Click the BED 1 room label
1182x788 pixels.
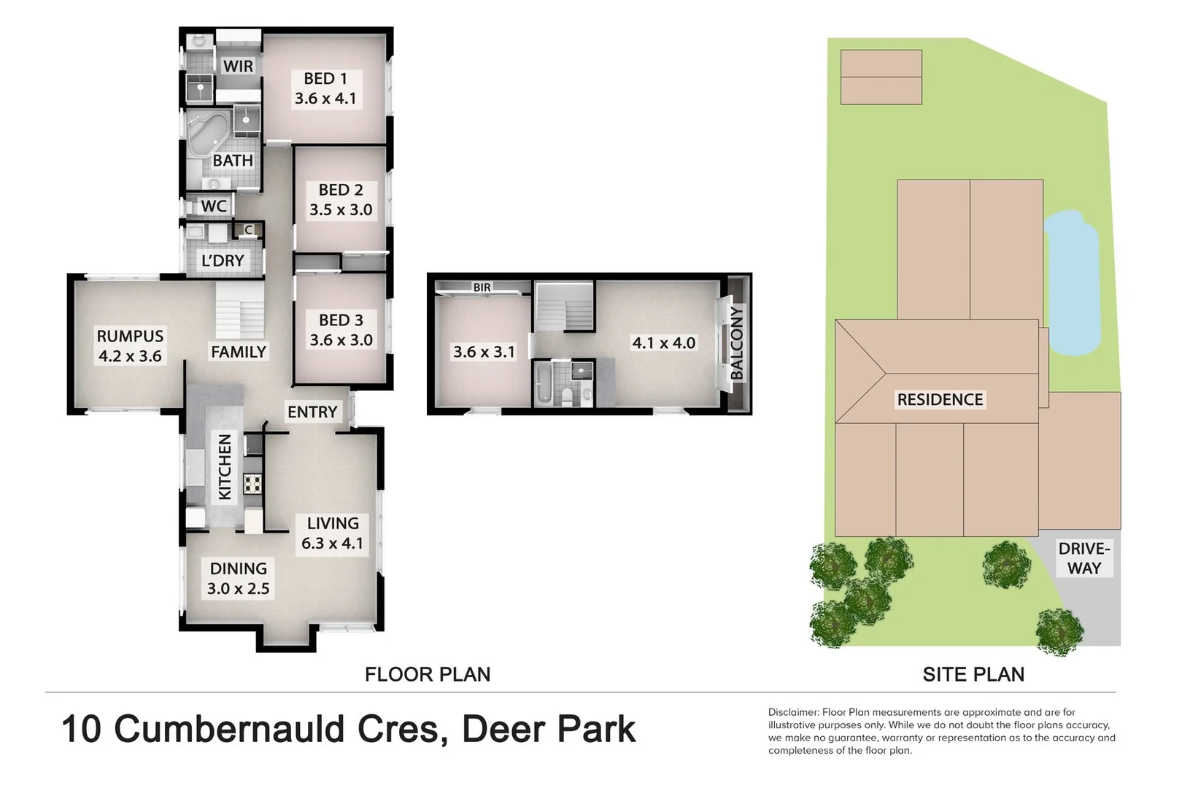[x=325, y=79]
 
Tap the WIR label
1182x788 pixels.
[x=238, y=66]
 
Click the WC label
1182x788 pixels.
[x=214, y=206]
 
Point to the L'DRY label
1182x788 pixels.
[x=223, y=260]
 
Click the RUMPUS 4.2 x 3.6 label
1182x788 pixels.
[x=130, y=346]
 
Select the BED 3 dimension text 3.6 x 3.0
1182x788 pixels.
[x=341, y=340]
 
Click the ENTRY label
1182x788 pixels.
[x=312, y=412]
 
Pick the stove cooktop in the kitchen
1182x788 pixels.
[x=252, y=484]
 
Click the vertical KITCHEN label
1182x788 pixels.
[x=225, y=467]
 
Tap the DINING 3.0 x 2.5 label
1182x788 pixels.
[x=238, y=579]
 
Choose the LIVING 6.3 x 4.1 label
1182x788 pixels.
[x=333, y=533]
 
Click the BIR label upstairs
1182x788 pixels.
[x=482, y=287]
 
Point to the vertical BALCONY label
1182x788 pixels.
[x=736, y=343]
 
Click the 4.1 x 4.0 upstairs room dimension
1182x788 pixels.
[x=663, y=343]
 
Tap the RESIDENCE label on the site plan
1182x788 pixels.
[x=940, y=400]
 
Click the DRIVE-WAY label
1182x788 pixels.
[x=1084, y=558]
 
